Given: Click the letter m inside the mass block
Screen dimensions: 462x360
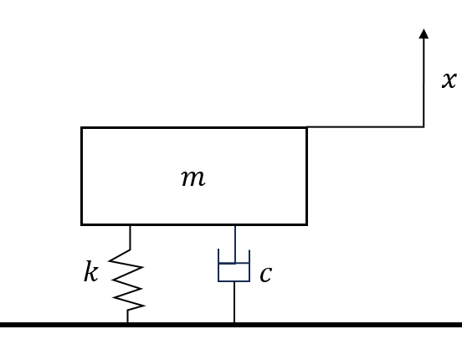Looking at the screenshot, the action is pos(193,178).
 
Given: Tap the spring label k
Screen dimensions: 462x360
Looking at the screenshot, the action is pos(90,271).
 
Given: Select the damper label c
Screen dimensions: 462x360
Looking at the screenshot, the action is pos(266,275).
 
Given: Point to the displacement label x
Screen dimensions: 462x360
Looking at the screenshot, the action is pos(449,80).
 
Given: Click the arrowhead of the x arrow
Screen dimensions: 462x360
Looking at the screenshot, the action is pos(423,33).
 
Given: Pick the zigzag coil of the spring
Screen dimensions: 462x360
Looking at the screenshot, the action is pos(127,280).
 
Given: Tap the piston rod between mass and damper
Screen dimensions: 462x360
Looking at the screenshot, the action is pos(235,244).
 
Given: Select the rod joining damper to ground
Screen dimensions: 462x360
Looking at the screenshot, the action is pos(234,302).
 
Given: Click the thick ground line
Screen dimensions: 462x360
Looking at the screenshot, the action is pos(231,325).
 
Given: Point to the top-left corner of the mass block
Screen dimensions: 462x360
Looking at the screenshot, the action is pos(81,127).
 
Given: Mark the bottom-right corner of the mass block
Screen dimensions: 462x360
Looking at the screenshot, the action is pos(307,224).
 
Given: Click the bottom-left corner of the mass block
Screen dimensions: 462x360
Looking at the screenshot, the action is pos(81,224).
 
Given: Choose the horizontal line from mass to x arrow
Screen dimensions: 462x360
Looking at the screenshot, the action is pos(366,127).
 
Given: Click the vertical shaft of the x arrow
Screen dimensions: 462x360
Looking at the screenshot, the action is pos(423,83).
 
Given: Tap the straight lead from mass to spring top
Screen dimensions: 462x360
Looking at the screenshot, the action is pos(131,238).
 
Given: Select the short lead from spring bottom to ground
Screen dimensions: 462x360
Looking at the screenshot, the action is pos(127,316).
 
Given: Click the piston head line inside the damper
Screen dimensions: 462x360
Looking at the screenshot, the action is pos(234,263).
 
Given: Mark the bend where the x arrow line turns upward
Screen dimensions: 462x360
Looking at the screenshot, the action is pos(423,127).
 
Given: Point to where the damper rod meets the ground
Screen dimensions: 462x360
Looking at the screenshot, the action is pos(234,322).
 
